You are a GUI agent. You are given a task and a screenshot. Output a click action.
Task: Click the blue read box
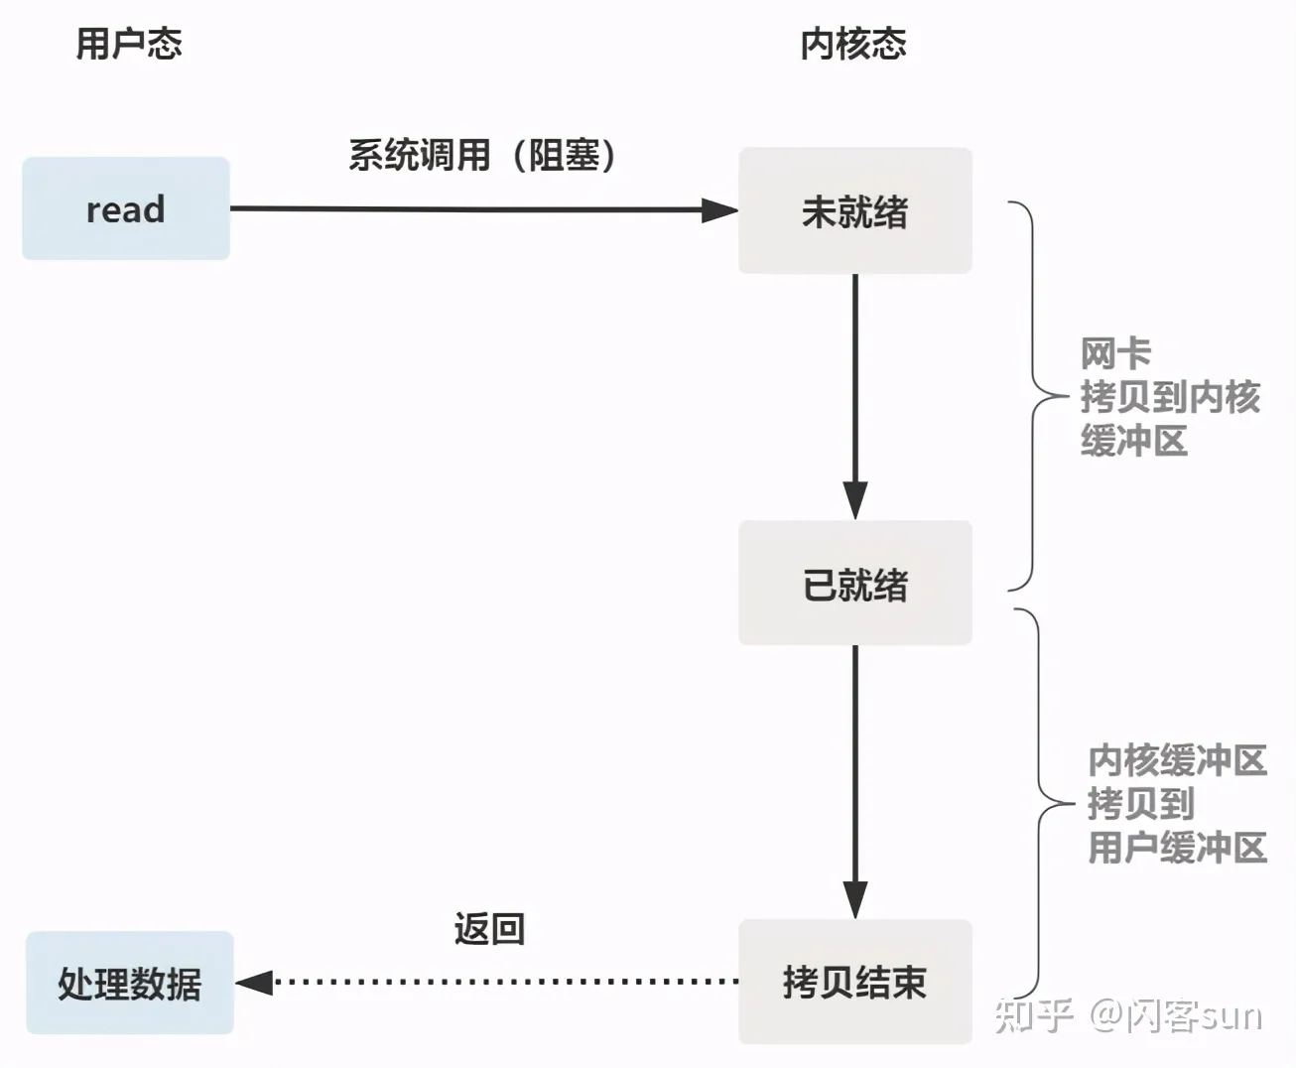126,208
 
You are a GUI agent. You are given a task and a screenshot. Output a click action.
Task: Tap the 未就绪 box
854,210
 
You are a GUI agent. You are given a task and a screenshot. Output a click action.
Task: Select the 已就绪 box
854,584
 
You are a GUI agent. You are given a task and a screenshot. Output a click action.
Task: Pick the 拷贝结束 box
854,982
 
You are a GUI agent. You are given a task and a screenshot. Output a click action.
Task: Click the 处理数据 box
130,983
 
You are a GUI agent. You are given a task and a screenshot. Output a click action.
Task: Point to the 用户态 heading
129,44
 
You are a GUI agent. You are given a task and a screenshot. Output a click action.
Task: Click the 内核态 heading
853,44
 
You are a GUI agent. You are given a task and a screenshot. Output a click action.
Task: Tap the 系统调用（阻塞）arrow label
482,155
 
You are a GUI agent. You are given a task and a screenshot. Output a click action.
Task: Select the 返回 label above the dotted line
489,929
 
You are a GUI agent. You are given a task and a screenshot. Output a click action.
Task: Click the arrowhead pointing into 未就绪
719,210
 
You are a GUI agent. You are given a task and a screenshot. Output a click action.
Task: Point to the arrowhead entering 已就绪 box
855,500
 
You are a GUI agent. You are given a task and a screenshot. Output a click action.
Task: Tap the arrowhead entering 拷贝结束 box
855,899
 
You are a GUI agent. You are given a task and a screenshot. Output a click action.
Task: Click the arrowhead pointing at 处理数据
255,983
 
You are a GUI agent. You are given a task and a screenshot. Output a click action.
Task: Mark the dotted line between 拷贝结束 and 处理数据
506,983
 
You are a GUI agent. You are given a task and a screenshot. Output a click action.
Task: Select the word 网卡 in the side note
1115,353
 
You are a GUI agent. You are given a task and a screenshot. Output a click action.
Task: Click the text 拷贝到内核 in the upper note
1169,397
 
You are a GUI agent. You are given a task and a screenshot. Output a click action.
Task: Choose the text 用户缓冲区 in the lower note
1177,848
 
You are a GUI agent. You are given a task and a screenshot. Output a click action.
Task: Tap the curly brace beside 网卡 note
1032,397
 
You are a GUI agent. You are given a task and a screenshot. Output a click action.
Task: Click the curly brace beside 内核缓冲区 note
1039,804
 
